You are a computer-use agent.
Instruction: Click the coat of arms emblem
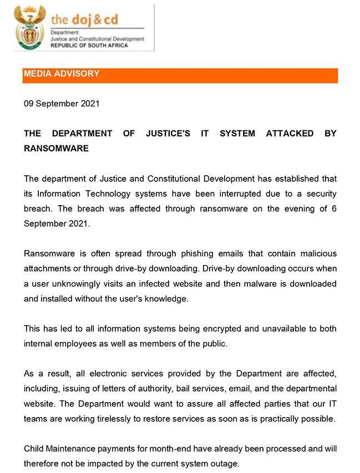tap(30, 27)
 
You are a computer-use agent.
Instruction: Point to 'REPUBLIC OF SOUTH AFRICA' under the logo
tap(89, 45)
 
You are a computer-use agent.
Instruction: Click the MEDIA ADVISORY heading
tap(62, 74)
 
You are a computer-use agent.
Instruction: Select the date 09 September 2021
tap(62, 103)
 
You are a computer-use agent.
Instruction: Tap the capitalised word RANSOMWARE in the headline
tap(56, 149)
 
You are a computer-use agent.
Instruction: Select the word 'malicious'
tap(318, 253)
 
